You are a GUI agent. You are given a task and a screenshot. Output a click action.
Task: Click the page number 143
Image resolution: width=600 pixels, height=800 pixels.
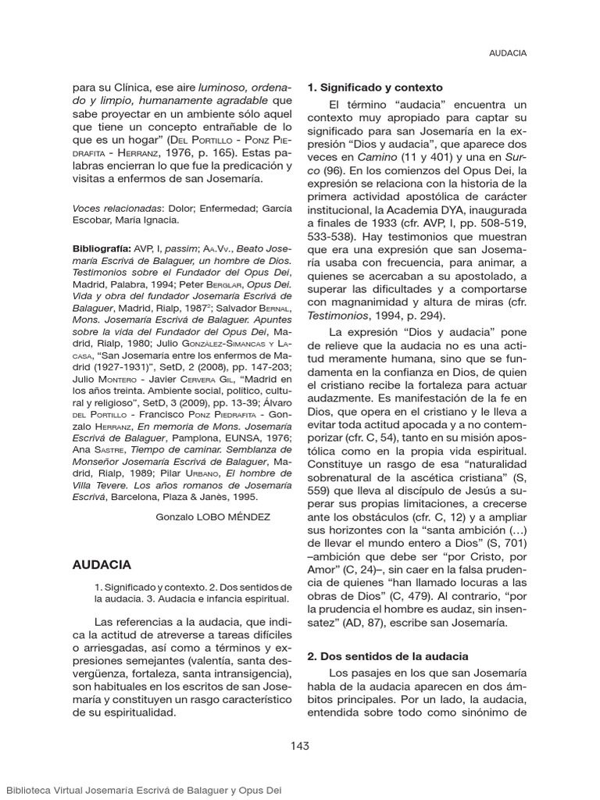click(x=299, y=745)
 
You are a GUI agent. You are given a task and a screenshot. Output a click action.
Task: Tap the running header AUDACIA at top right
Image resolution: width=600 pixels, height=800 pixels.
click(x=507, y=53)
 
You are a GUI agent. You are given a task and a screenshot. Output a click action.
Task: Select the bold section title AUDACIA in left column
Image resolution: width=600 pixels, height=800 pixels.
click(x=102, y=564)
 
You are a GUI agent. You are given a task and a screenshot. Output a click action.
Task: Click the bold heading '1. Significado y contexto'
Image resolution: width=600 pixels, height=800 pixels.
click(x=375, y=87)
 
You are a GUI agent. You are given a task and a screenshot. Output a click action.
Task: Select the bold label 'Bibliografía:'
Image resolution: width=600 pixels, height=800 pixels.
click(x=102, y=248)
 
